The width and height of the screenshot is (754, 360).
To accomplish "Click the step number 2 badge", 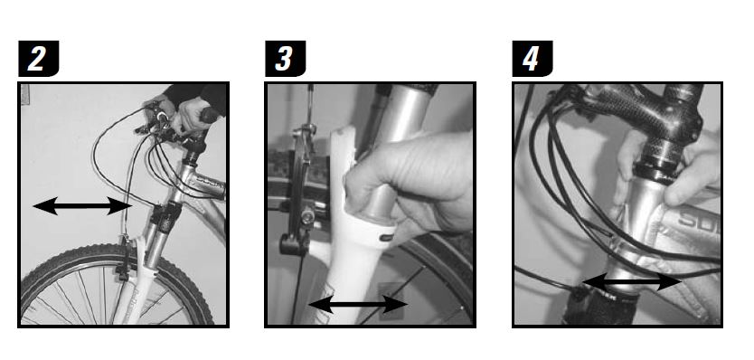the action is tap(39, 58).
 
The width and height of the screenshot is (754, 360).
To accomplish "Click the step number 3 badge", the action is tap(285, 58).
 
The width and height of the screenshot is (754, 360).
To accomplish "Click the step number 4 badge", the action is tap(532, 58).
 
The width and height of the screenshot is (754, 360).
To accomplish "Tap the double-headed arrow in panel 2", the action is tap(81, 205).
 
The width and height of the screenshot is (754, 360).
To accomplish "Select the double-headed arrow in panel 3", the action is tap(358, 304).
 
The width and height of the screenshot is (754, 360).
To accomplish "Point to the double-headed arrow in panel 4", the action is tap(632, 281).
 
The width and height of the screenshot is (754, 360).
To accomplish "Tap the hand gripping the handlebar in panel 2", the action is tap(191, 116).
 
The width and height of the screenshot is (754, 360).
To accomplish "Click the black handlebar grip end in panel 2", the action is tap(210, 115).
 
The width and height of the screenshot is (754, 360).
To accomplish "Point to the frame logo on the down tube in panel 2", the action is tap(205, 183).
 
